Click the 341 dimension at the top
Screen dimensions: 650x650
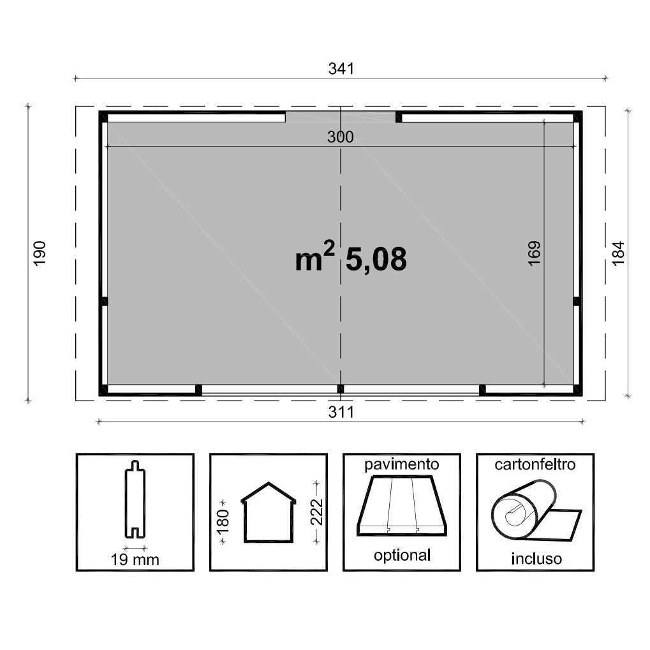[x=341, y=68]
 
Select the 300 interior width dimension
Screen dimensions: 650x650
[x=341, y=137]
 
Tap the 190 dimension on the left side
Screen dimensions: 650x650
[x=40, y=253]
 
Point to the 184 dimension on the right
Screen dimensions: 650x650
[x=617, y=253]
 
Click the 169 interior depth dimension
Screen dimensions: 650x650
[x=535, y=253]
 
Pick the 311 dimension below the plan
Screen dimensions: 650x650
[x=341, y=412]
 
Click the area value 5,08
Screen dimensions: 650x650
[x=376, y=259]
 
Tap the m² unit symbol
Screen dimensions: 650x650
[x=314, y=256]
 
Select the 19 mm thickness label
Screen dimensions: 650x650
[x=135, y=559]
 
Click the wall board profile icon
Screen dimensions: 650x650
[x=135, y=499]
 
